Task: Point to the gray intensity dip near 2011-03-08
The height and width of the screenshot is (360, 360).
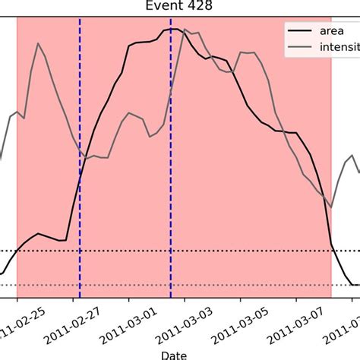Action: pyautogui.click(x=330, y=206)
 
